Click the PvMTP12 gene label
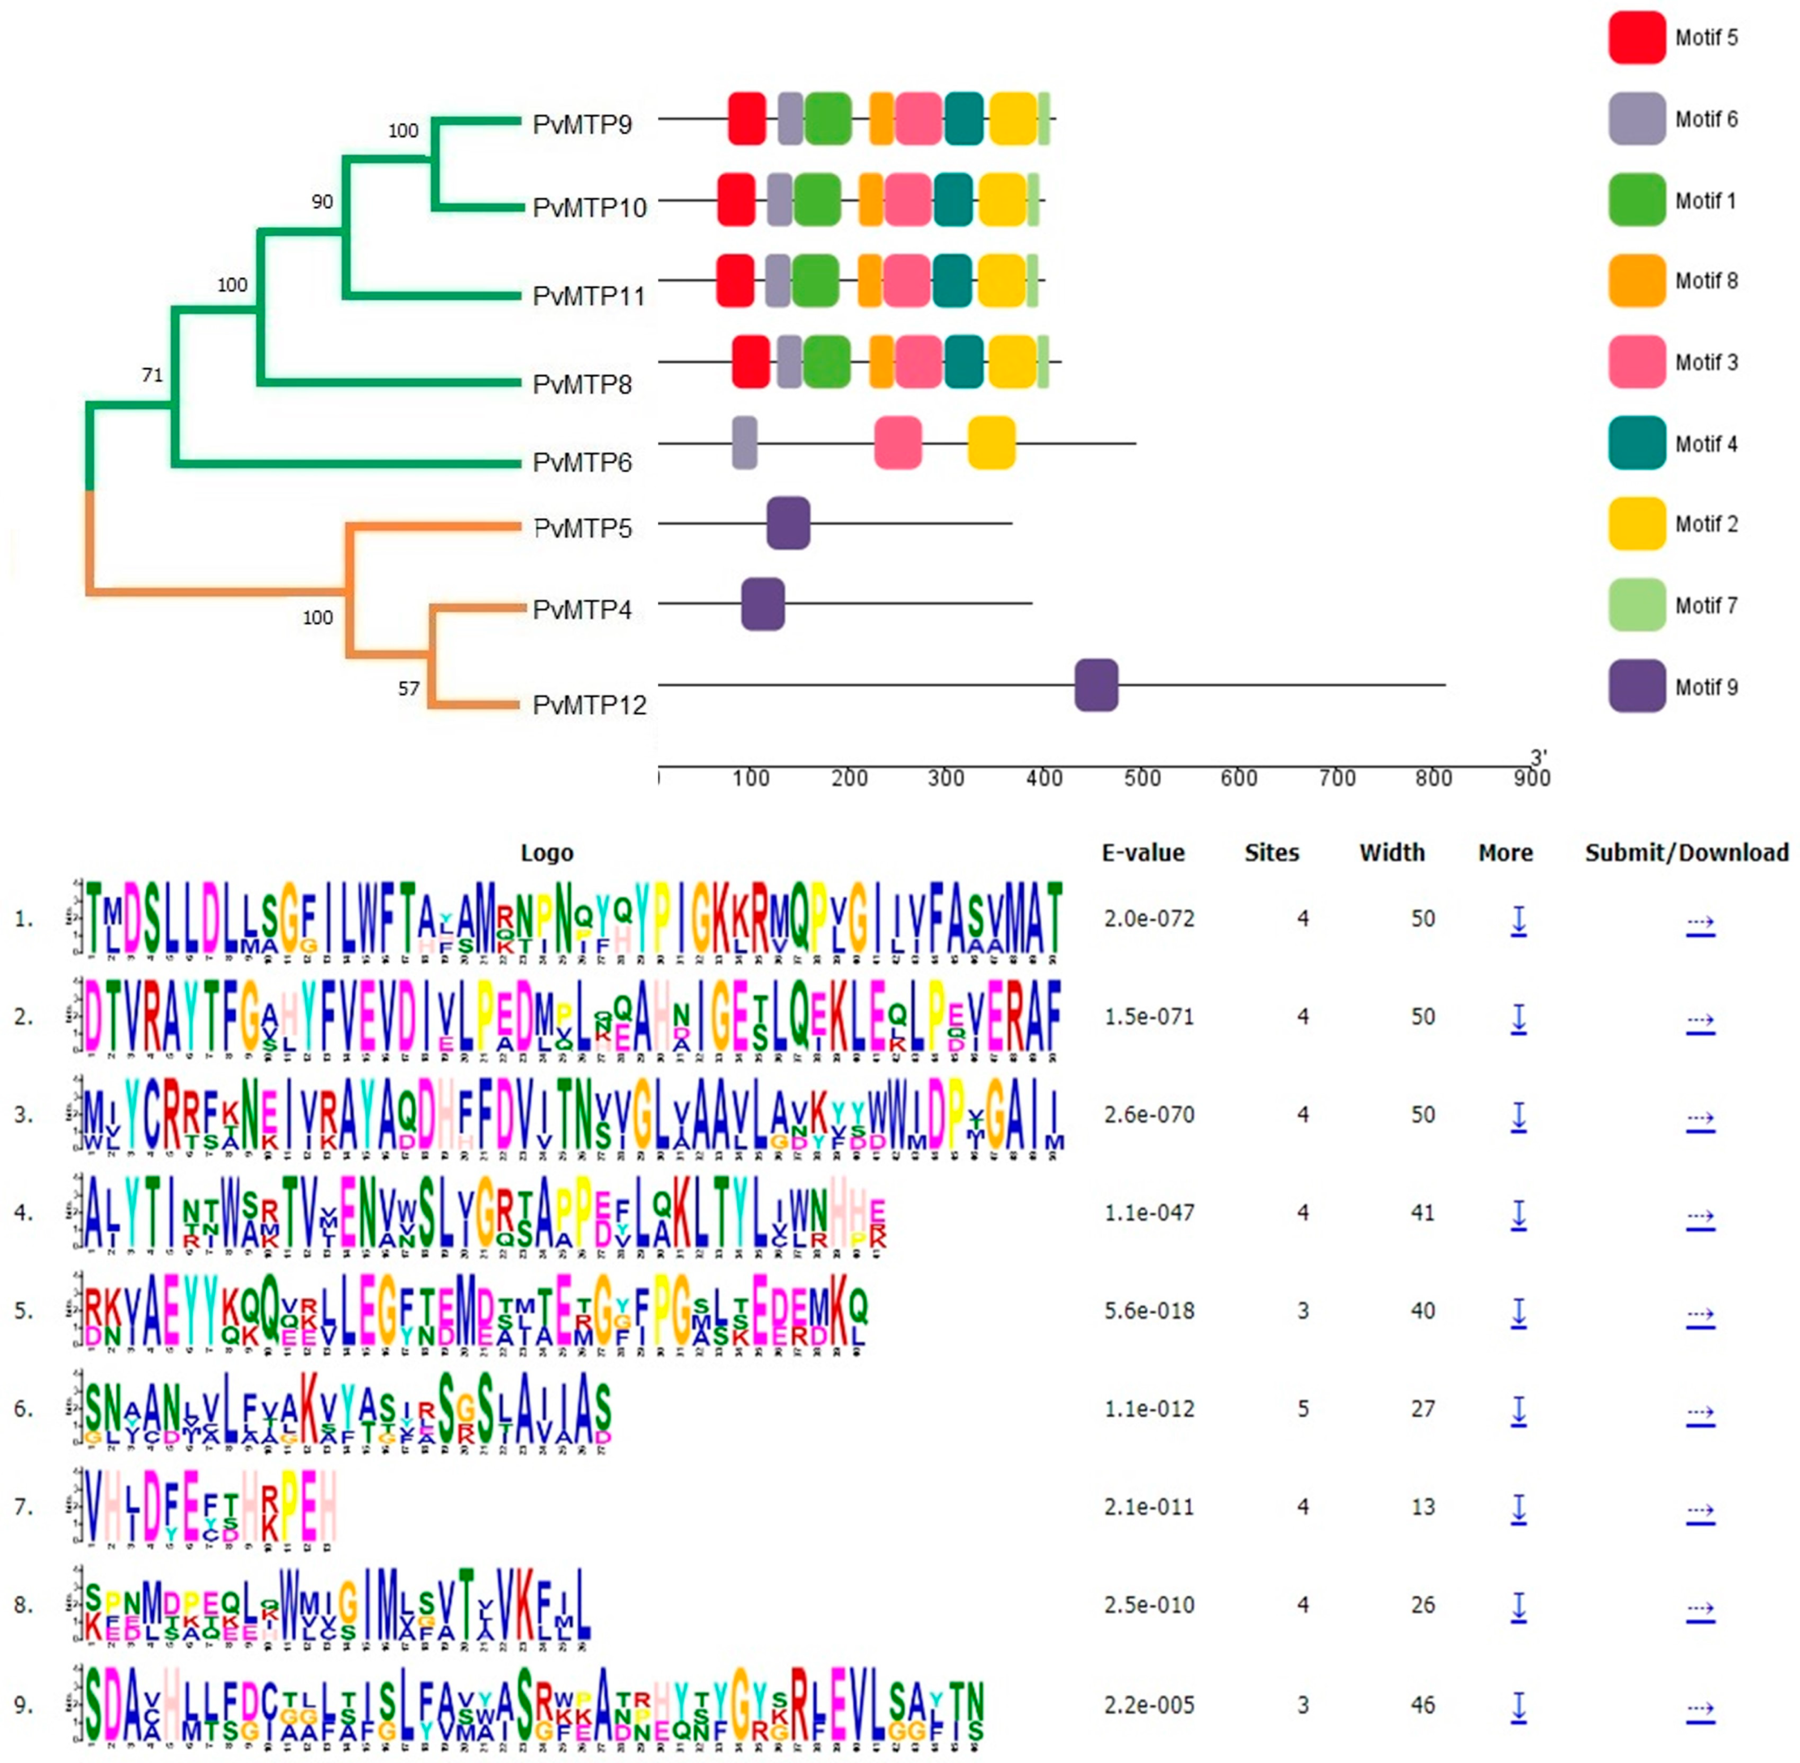point(589,706)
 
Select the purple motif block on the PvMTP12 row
point(1095,685)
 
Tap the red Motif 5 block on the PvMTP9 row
point(746,118)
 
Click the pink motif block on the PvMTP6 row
point(897,443)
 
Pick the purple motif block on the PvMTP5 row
point(788,523)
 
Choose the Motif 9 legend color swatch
point(1636,686)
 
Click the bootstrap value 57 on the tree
point(408,688)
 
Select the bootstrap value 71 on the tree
point(152,375)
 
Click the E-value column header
point(1143,853)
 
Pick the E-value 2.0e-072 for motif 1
point(1148,918)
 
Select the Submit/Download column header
point(1686,853)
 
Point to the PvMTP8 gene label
point(582,384)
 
